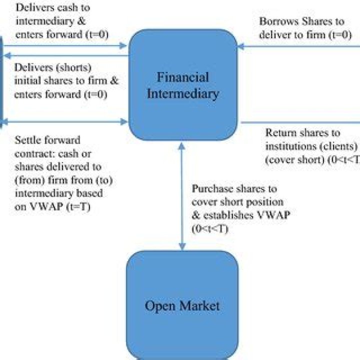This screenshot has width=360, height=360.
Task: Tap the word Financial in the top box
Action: [182, 78]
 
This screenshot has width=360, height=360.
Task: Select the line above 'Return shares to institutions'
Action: [300, 122]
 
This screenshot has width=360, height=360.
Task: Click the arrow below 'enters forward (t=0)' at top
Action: [65, 45]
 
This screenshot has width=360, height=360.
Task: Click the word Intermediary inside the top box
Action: [182, 93]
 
